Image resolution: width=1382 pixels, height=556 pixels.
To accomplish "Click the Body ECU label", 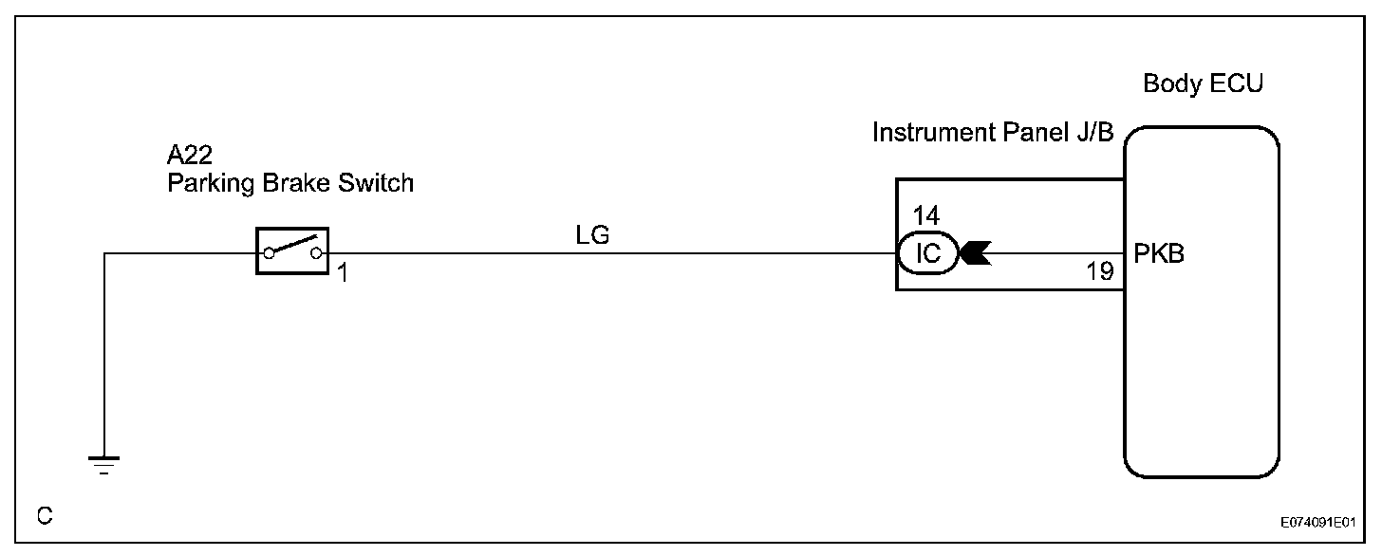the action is click(x=1203, y=83).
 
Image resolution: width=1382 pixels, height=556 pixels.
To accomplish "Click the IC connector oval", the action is click(x=926, y=254).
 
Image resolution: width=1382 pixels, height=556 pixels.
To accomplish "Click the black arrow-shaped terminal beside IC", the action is click(x=975, y=254).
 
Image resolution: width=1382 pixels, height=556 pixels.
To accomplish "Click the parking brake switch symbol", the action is click(x=291, y=251).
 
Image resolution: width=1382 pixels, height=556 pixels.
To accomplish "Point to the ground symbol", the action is click(x=103, y=464).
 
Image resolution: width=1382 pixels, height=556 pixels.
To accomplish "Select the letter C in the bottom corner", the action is click(x=45, y=516).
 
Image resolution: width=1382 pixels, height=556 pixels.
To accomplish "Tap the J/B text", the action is click(x=1092, y=133).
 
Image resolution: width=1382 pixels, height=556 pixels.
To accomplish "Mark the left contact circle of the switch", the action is click(x=269, y=252).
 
